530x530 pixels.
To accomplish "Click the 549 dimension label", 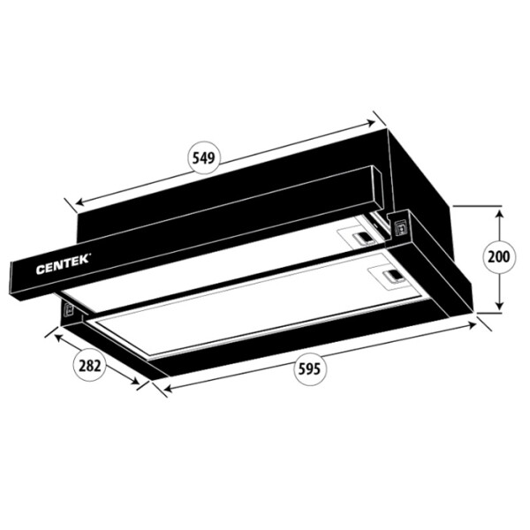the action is coord(203,158).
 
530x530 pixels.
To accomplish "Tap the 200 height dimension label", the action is coord(499,257).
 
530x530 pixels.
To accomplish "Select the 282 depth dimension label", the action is coord(90,366).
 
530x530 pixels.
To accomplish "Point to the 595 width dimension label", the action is coord(309,368).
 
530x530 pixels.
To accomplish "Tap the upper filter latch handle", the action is coord(363,238).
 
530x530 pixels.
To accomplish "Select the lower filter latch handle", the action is coord(393,276).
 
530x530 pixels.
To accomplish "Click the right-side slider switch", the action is coord(402,227).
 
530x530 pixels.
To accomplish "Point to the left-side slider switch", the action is coord(69,309).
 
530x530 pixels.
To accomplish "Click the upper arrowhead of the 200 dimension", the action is coord(500,214).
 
